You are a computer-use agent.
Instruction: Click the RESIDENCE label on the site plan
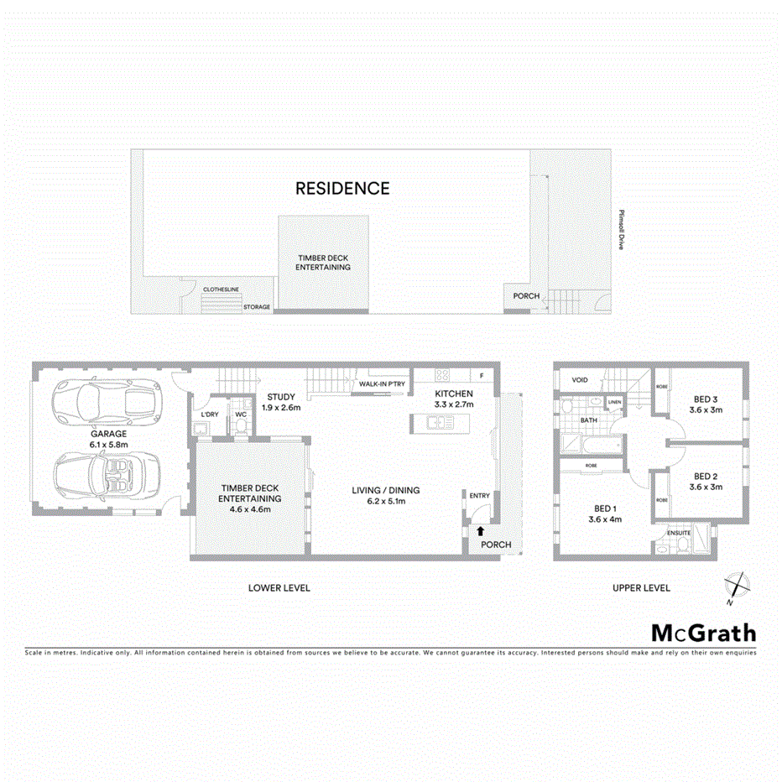click(342, 189)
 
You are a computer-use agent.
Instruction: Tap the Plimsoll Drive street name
click(621, 229)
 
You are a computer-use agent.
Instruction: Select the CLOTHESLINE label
click(222, 289)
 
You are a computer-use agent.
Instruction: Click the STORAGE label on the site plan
click(257, 307)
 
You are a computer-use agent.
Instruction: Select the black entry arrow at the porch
click(480, 530)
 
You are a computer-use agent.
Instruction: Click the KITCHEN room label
click(454, 394)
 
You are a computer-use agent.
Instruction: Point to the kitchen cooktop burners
click(444, 376)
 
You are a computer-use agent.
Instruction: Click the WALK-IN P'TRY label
click(382, 384)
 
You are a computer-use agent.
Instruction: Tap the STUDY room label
click(280, 397)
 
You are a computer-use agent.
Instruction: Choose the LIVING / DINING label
click(386, 490)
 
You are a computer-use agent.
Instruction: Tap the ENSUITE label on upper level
click(679, 532)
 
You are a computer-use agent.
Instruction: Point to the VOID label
click(580, 380)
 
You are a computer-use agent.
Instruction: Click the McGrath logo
click(703, 633)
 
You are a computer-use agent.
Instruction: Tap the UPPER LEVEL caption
click(641, 588)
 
